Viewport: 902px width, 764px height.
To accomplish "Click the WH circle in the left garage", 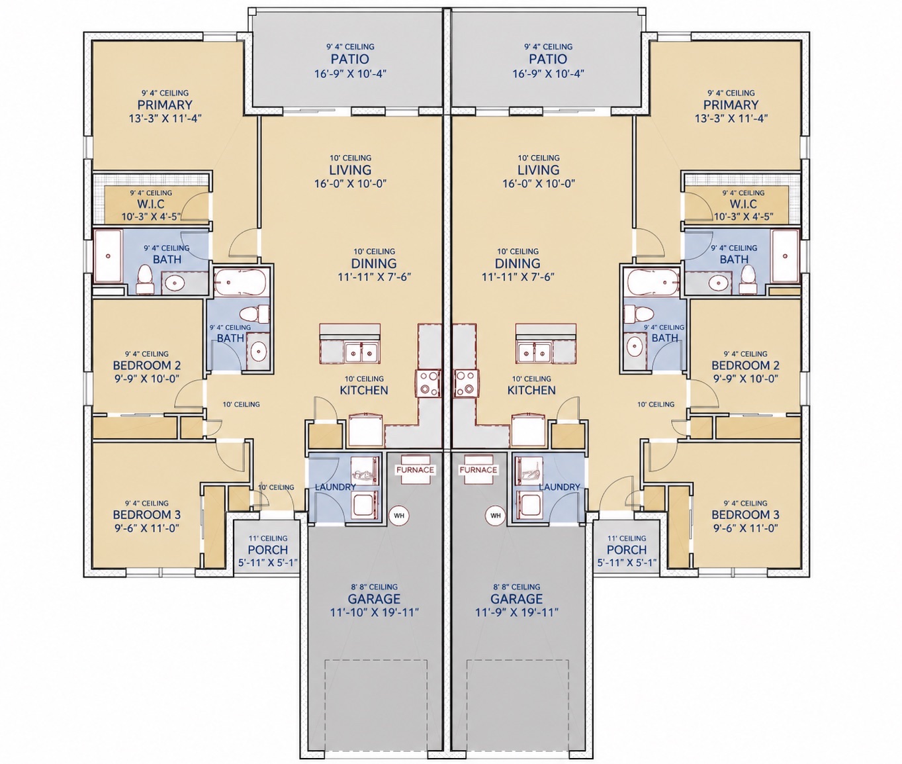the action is point(399,516).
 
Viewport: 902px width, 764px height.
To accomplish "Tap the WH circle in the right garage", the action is point(495,516).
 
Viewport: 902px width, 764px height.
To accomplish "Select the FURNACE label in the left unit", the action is point(415,470).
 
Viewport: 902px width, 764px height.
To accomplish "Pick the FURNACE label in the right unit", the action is point(478,470).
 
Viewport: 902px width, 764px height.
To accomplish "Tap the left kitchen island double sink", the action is point(361,352).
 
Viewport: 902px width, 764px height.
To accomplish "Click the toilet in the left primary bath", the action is point(144,279).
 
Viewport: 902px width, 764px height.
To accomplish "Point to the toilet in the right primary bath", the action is point(748,279).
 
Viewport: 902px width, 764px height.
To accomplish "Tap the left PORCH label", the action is point(268,549).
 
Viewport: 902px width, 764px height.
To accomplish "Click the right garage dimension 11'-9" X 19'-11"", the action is point(517,612).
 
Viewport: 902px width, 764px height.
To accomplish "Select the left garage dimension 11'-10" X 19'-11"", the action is point(375,612).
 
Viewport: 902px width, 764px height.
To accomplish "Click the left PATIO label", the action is point(350,59).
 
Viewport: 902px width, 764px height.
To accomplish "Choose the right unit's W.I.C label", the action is point(743,204).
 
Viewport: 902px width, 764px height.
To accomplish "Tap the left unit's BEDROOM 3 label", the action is point(147,514).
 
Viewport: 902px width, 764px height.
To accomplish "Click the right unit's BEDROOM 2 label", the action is point(745,365).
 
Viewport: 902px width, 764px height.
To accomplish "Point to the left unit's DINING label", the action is point(374,263).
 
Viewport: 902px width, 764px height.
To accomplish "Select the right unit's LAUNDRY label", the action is point(559,487).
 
